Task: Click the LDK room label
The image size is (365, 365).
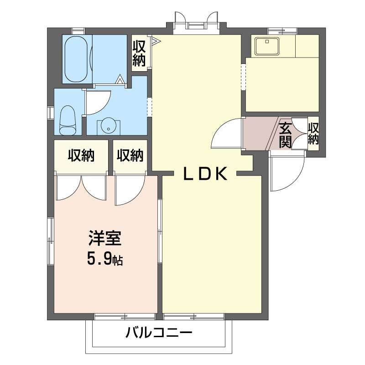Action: (205, 174)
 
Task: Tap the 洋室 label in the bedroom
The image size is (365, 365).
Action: (105, 238)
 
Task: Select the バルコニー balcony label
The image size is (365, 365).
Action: (159, 333)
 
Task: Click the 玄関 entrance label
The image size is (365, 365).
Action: (286, 135)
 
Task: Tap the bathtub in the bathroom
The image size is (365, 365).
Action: (76, 59)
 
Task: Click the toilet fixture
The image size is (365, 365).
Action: (68, 120)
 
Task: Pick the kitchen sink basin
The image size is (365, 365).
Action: (267, 46)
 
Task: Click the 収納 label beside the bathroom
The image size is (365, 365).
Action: (139, 53)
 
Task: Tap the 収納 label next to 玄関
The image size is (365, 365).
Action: (313, 134)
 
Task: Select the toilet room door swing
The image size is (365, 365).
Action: (98, 102)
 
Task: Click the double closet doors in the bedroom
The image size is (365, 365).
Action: (81, 188)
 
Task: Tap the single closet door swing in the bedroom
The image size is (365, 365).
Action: (130, 190)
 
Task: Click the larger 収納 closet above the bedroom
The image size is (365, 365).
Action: (81, 156)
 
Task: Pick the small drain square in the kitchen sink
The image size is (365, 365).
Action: (267, 42)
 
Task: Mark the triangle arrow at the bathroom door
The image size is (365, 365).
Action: (120, 79)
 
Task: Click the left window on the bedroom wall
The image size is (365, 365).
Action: (51, 241)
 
